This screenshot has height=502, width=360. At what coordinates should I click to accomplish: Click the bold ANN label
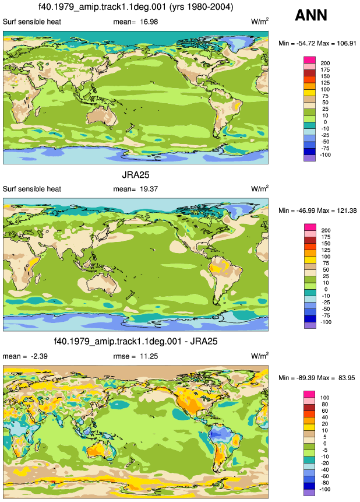[310, 15]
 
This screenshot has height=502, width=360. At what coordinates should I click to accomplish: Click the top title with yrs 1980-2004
[136, 6]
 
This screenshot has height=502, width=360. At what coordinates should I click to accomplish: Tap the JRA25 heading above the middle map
[136, 175]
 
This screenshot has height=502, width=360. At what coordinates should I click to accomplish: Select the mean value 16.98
[149, 22]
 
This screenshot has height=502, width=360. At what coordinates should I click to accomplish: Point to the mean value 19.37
[149, 189]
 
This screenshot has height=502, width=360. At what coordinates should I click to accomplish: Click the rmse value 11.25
[149, 356]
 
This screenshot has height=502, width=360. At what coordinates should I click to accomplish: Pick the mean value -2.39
[39, 356]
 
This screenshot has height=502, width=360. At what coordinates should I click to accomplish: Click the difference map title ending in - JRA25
[136, 341]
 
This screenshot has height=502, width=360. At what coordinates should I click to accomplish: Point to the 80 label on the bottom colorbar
[325, 405]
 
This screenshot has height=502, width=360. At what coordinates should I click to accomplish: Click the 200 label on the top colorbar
[325, 63]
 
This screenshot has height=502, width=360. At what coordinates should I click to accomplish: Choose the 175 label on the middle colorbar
[325, 237]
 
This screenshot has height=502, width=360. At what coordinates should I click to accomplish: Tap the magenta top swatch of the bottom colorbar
[309, 394]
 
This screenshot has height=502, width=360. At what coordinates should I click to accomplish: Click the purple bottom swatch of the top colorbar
[309, 158]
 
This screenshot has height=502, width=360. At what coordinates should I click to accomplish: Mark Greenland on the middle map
[238, 210]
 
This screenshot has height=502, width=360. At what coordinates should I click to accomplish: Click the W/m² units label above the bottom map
[260, 356]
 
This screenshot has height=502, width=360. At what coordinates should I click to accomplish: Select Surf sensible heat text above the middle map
[31, 189]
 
